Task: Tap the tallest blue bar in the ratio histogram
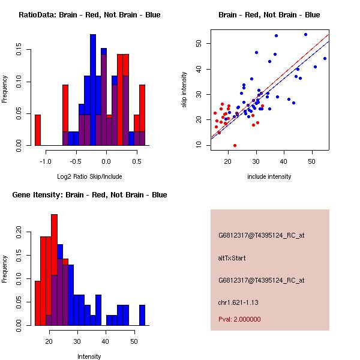[x=93, y=90]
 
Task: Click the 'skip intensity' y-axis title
[x=185, y=90]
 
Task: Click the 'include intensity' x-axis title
[x=269, y=176]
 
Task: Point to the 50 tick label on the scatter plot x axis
[x=312, y=161]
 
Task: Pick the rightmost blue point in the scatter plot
[x=325, y=58]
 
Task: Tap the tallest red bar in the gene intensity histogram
[x=55, y=269]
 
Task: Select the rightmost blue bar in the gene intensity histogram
[x=142, y=315]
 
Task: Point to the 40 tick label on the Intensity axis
[x=105, y=341]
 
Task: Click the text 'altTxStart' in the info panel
[x=232, y=258]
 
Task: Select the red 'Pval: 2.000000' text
[x=239, y=319]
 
